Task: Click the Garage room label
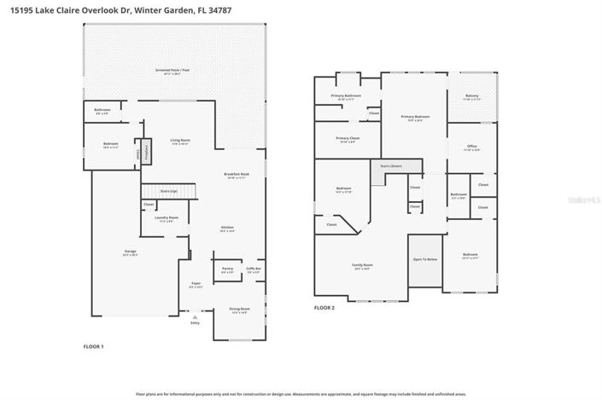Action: point(131,252)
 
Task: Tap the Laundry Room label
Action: point(167,218)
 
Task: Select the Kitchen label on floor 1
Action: point(227,228)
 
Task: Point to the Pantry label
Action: point(227,269)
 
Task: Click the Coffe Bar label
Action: point(254,269)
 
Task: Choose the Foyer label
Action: point(196,283)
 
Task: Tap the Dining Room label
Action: point(239,309)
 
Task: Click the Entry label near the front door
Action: point(195,323)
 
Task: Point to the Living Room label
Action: point(179,141)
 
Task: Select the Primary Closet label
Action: point(348,138)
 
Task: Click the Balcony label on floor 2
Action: point(472,96)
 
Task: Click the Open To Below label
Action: point(425,258)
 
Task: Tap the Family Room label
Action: point(363,265)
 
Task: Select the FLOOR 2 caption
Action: point(324,307)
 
